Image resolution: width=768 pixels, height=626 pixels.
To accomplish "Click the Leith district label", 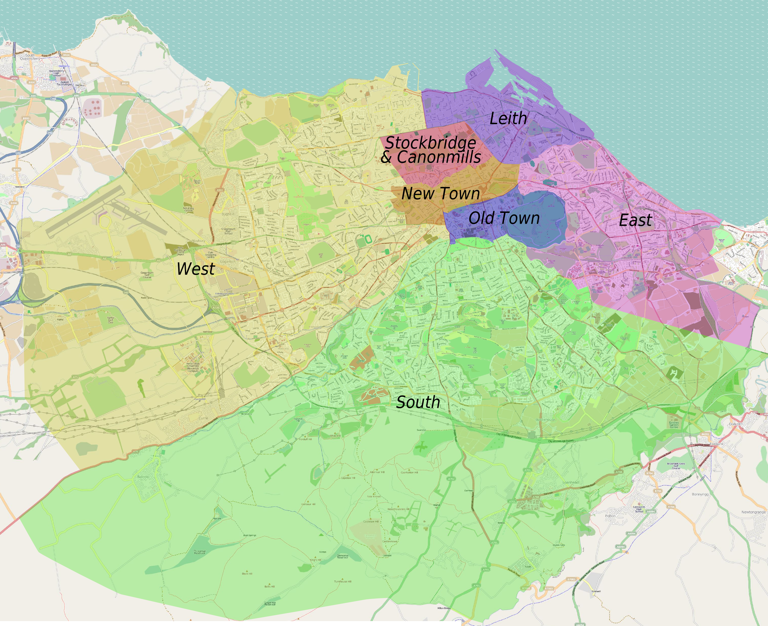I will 508,119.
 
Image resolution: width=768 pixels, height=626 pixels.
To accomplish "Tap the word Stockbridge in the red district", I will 431,143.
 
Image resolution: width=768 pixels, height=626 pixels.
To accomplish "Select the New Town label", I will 440,194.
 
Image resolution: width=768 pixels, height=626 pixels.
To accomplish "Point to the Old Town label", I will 504,218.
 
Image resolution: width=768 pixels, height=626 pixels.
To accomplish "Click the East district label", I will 635,220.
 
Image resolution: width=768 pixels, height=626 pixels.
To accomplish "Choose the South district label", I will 418,402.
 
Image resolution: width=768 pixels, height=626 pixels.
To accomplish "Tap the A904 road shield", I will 14,78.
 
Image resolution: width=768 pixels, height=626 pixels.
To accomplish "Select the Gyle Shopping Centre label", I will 210,255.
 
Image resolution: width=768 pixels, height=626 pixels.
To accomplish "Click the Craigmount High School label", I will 229,231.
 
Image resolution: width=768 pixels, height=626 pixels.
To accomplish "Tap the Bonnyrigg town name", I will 700,494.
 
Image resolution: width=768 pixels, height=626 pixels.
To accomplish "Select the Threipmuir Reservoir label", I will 200,552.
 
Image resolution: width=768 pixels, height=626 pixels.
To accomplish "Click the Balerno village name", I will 143,477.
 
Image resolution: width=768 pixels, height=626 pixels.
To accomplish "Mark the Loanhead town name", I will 570,482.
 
